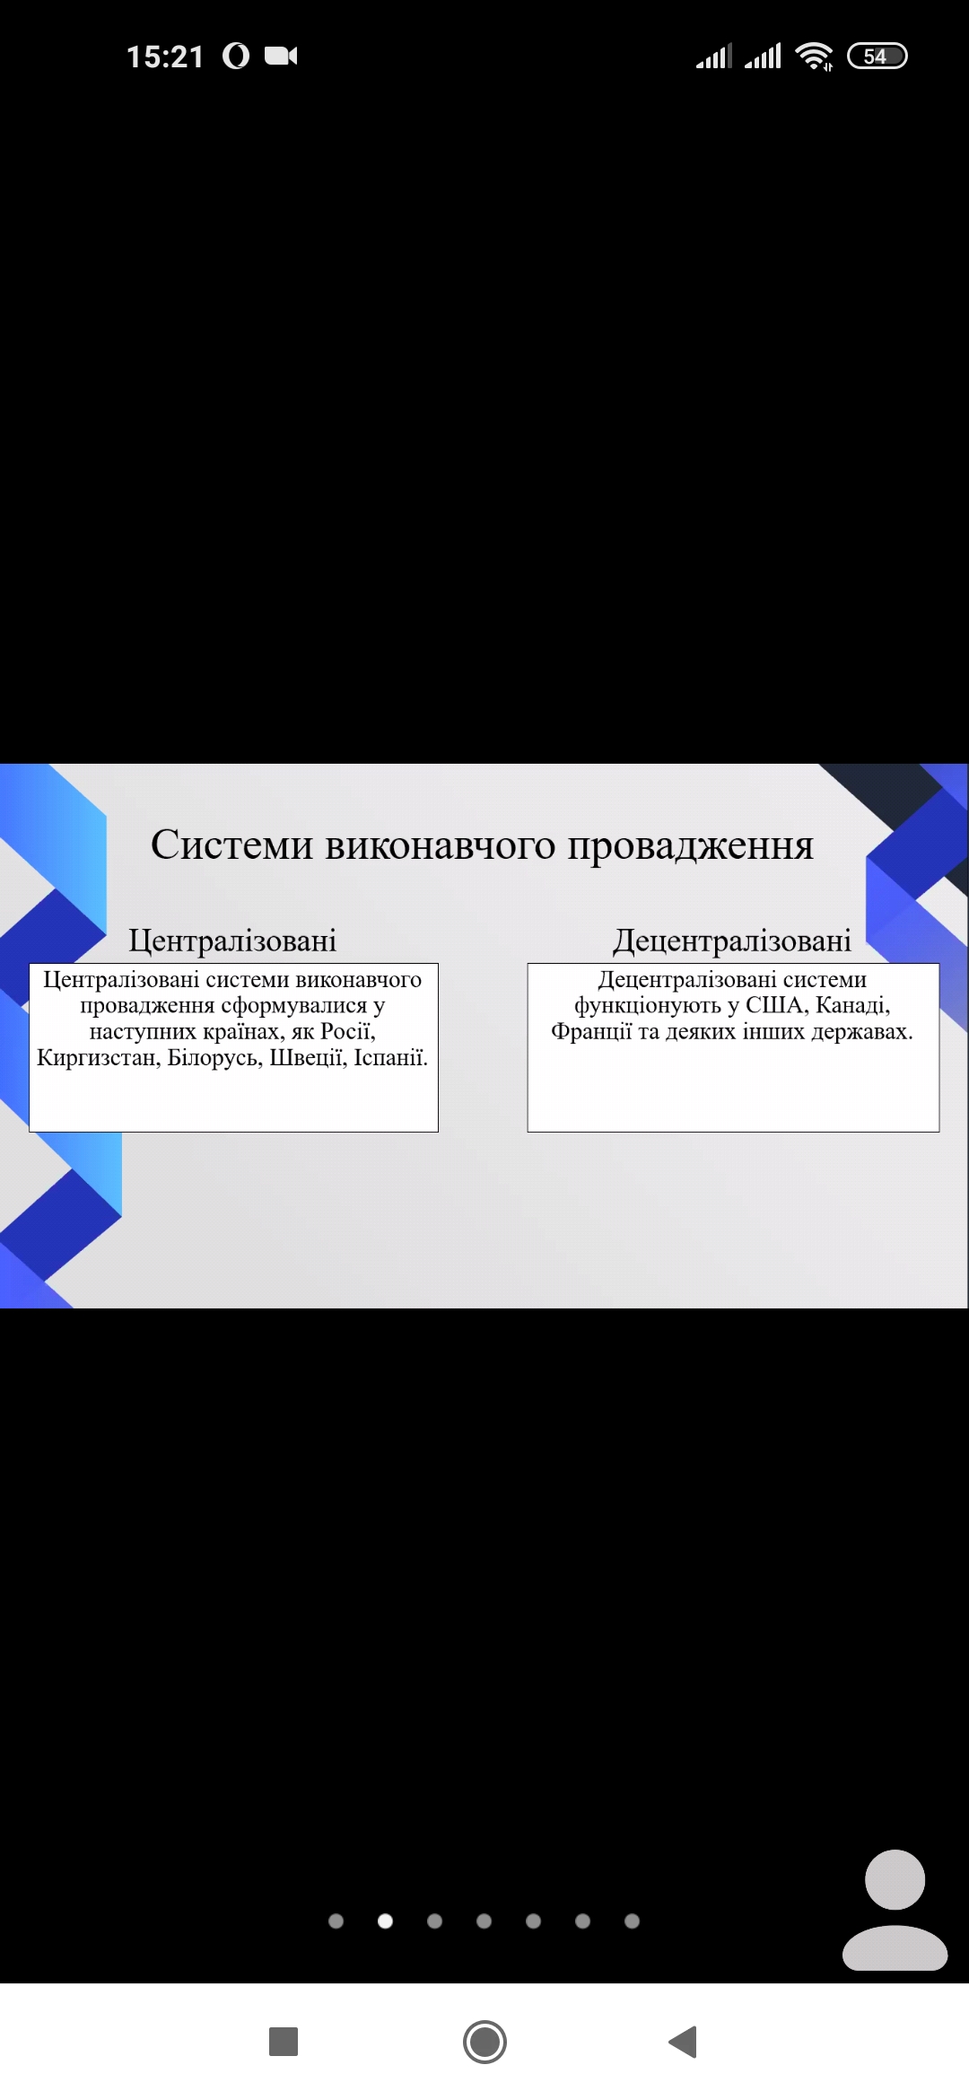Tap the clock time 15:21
click(x=165, y=57)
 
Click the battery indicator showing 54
click(x=877, y=56)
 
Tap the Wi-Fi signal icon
click(x=814, y=56)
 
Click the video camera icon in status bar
click(x=281, y=56)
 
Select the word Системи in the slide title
click(x=232, y=844)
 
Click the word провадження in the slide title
click(x=690, y=845)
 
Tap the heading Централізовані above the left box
click(x=232, y=941)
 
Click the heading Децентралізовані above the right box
click(x=732, y=941)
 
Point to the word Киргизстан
click(x=99, y=1058)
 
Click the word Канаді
click(x=853, y=1005)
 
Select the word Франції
click(x=591, y=1032)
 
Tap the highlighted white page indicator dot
click(x=386, y=1921)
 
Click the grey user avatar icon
click(x=895, y=1909)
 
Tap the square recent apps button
click(x=284, y=2042)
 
